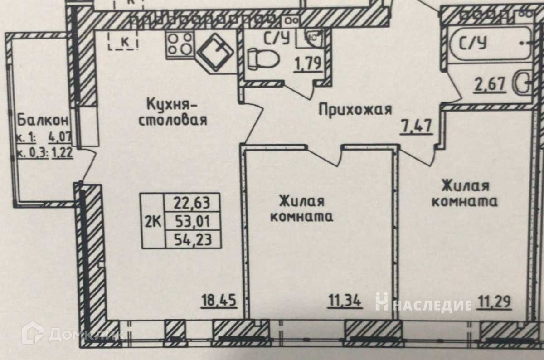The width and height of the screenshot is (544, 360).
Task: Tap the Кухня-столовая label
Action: coord(173,112)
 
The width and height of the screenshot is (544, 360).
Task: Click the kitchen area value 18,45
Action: coord(220,300)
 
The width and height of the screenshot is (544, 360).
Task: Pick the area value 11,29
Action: coord(494,300)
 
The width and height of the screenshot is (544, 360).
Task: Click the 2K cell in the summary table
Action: coord(153,221)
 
